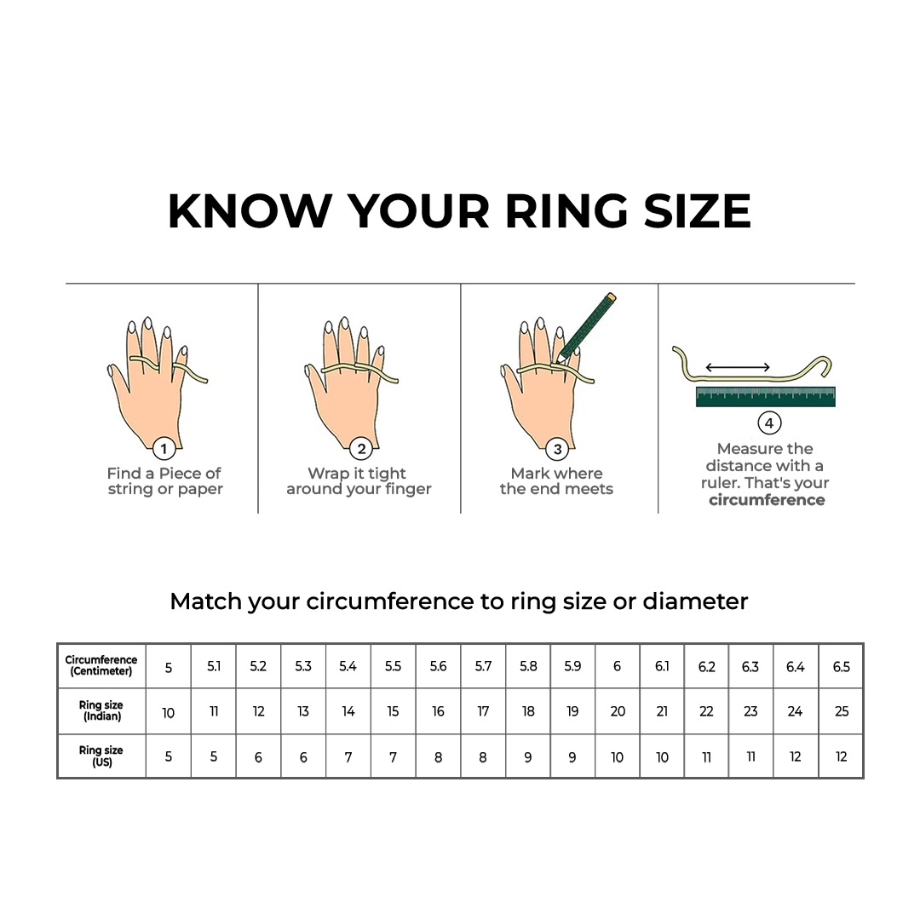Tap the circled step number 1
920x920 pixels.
pos(164,449)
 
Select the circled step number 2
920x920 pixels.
pos(361,449)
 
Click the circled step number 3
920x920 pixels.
pos(558,449)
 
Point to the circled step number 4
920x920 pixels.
pos(768,423)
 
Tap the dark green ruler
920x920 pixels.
pos(765,396)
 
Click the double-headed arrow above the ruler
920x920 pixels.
pos(738,368)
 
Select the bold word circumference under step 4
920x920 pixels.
pos(767,500)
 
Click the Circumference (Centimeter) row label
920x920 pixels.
pos(101,665)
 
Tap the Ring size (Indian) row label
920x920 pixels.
pos(101,711)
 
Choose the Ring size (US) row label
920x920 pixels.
pos(101,756)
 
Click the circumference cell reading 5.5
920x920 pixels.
pos(393,666)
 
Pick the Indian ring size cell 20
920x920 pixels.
pos(618,711)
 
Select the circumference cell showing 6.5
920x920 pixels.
pos(841,666)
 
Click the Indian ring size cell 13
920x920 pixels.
pos(303,711)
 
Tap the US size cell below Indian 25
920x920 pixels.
pos(841,756)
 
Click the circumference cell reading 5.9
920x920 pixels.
pos(572,666)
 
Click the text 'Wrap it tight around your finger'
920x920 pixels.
pos(359,481)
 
